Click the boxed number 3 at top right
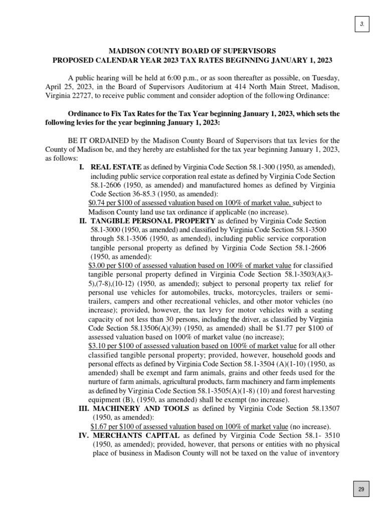pyautogui.click(x=362, y=24)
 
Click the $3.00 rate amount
pyautogui.click(x=97, y=266)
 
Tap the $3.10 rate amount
pyautogui.click(x=97, y=347)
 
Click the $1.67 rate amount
pyautogui.click(x=100, y=427)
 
